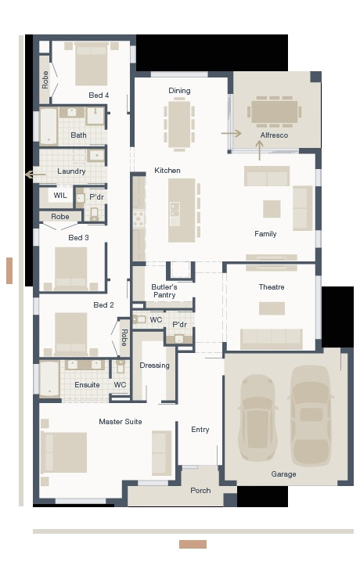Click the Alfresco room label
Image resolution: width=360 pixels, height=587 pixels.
[274, 135]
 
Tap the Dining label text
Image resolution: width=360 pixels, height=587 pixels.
[179, 91]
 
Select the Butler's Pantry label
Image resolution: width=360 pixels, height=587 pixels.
[164, 291]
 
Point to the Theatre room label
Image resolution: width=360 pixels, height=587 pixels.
[272, 287]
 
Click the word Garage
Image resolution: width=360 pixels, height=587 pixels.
[283, 474]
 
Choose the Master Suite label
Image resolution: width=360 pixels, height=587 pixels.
[121, 422]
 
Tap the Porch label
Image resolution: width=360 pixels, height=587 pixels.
[200, 491]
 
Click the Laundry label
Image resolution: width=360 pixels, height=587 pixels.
[71, 171]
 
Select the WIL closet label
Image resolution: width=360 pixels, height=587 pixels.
[60, 196]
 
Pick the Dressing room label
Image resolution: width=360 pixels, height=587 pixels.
[154, 366]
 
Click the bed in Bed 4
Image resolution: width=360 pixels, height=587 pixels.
[91, 64]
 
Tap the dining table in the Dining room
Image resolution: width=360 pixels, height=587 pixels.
[179, 122]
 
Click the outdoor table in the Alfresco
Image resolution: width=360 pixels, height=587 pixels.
[274, 111]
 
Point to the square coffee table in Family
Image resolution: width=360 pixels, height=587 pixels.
[272, 208]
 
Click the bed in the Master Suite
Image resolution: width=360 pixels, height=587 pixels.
[65, 452]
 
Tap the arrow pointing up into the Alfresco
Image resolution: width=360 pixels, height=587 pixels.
[260, 149]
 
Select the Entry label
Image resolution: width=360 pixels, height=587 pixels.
[200, 429]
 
